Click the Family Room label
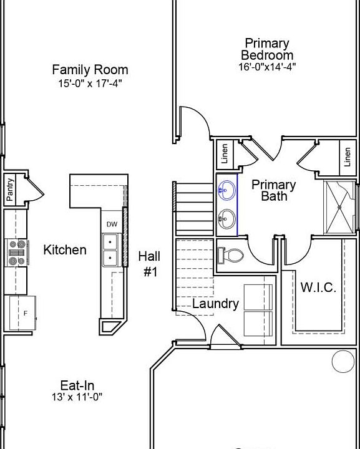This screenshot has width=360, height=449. tap(90, 70)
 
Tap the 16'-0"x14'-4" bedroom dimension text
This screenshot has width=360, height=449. tap(267, 67)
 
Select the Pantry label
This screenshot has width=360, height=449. tap(10, 190)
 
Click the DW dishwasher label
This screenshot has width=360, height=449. tap(112, 224)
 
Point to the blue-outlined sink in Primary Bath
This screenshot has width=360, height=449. tap(226, 190)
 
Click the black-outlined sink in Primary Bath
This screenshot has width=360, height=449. tap(226, 219)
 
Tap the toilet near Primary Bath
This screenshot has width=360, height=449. tap(230, 255)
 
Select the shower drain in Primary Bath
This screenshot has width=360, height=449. tap(339, 207)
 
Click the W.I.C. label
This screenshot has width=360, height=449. tap(318, 287)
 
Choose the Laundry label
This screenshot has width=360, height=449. tap(215, 304)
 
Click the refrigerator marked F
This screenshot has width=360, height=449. tap(22, 313)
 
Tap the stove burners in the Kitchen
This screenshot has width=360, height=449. tap(17, 253)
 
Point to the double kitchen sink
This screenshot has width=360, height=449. tap(110, 250)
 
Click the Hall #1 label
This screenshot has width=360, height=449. tap(149, 264)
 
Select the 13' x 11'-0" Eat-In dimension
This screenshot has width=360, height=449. tap(77, 397)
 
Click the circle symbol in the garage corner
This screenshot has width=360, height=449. tap(343, 361)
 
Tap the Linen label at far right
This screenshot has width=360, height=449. tap(348, 157)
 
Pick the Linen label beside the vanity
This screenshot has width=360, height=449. tap(225, 153)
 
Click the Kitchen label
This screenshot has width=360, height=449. tap(65, 249)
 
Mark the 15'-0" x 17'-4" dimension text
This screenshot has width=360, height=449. tap(90, 84)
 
